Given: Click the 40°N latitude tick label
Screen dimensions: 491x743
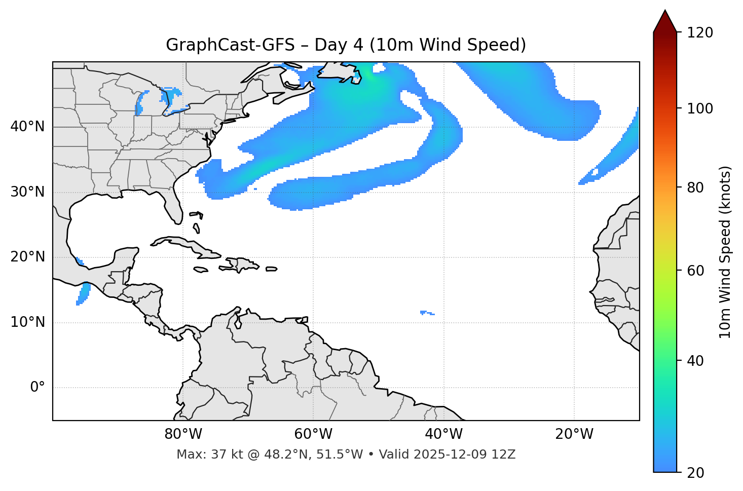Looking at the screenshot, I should coord(27,127).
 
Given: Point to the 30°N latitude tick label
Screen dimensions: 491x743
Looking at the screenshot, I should coord(27,192).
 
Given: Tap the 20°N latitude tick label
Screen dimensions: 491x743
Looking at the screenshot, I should coord(27,257).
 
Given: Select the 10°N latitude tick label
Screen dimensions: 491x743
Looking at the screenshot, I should coord(27,322).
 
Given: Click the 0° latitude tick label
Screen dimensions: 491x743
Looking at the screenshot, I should coord(37,388).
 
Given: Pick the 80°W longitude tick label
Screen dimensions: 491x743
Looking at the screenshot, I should coord(183,434).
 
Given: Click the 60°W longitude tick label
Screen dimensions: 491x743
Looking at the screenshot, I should coord(313,434).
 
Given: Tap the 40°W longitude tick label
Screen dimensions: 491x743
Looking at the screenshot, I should coord(443,434).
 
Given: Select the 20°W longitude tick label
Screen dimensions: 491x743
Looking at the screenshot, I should coord(574,434).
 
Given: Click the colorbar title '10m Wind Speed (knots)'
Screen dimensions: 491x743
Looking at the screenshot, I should coord(725,252).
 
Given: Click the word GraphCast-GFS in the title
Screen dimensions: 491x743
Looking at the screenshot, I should coord(230,45).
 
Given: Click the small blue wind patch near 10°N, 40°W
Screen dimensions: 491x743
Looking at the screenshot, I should coord(426,313).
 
